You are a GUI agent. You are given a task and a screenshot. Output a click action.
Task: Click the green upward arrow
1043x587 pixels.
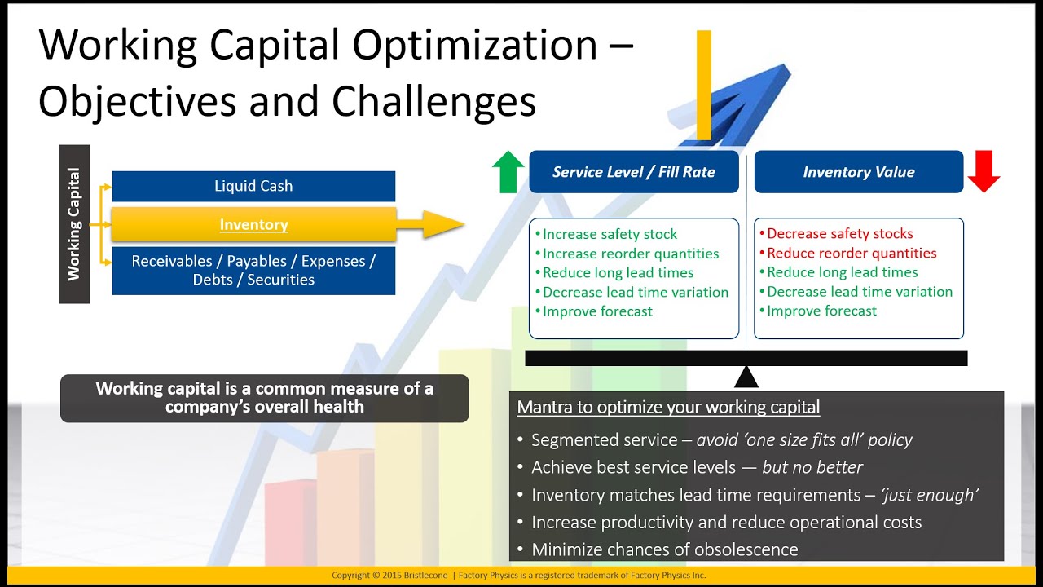(508, 171)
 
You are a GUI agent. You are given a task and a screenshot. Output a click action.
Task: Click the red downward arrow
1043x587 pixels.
(984, 171)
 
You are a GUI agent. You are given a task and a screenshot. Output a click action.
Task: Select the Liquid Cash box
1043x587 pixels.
(253, 187)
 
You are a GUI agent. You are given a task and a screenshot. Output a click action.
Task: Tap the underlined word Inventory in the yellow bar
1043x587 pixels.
(253, 224)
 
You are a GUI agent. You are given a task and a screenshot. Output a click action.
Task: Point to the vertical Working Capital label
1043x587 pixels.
(74, 224)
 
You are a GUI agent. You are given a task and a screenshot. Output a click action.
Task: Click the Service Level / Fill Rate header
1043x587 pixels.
(634, 172)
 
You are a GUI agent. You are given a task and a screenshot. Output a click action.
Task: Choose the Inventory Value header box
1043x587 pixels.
(859, 172)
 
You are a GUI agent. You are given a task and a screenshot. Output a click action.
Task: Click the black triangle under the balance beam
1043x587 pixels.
(746, 377)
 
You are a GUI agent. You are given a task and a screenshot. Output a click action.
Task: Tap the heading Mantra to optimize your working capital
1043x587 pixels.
(668, 407)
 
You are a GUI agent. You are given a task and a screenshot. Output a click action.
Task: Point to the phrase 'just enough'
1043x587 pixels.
(930, 495)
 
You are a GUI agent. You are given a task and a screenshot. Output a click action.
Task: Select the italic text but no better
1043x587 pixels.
(812, 467)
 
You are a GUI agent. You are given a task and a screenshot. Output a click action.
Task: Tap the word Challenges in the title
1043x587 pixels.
(433, 102)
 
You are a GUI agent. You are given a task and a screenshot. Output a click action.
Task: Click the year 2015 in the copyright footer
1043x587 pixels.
(391, 576)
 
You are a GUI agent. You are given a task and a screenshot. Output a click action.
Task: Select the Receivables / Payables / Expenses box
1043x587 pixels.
(253, 271)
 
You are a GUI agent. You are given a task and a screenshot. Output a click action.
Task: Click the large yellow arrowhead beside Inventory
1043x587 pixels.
(442, 224)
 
